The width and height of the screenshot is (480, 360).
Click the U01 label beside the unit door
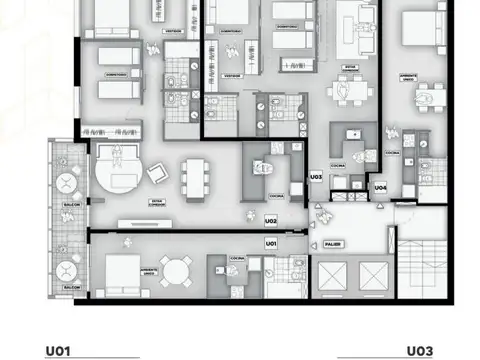pos(271,243)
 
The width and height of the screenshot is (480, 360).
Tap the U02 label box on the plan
pos(271,219)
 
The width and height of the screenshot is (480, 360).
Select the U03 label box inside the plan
pos(316,176)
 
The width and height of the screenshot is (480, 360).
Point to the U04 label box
pos(380,187)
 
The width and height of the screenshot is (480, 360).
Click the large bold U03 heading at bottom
pos(419,351)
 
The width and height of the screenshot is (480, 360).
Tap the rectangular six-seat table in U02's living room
pos(193,179)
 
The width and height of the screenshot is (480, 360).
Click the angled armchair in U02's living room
pos(156,173)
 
